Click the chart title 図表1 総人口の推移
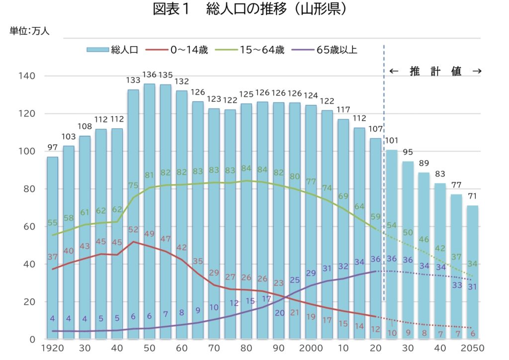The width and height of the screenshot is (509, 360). (250, 10)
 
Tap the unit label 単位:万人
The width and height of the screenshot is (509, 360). (29, 31)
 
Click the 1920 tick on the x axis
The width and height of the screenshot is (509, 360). (52, 348)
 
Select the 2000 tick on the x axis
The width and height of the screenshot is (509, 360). (312, 348)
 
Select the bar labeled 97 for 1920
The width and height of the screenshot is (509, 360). (52, 249)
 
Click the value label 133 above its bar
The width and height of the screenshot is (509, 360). (133, 80)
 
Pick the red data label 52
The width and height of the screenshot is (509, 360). (133, 230)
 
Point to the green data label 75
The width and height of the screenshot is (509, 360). (133, 185)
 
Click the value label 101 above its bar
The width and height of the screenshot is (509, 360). (392, 140)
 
